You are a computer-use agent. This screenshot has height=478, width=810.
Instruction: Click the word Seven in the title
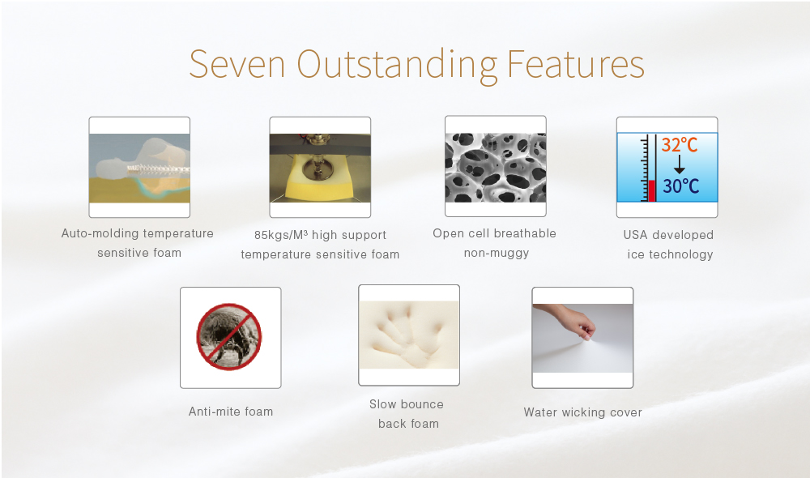pos(237,64)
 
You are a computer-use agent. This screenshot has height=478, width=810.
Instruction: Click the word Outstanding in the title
pos(397,65)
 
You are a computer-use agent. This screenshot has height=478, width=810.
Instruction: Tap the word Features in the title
pos(575,64)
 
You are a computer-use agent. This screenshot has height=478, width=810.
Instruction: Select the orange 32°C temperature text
pos(680,145)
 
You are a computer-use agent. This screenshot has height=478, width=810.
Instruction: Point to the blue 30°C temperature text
pos(681,186)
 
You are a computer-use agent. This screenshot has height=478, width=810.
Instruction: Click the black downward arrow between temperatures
pos(680,164)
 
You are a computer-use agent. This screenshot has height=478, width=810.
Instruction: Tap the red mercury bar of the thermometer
pos(651,190)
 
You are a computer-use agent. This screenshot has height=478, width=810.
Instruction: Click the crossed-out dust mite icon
pos(229,337)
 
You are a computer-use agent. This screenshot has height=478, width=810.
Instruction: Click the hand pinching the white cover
pos(569,320)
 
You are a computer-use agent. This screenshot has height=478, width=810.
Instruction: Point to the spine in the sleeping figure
pos(158,169)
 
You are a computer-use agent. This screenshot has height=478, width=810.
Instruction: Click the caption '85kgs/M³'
pos(280,235)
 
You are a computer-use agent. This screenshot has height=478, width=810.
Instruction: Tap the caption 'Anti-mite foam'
pos(230,412)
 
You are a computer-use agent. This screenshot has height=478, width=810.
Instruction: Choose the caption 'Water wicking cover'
pos(582,412)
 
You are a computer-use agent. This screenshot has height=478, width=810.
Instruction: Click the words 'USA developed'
pos(668,235)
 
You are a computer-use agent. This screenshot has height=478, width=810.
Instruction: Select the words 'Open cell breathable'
pos(494,233)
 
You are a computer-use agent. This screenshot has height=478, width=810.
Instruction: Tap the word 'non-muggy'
pos(496,254)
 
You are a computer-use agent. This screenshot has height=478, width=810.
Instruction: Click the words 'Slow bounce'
pos(407,404)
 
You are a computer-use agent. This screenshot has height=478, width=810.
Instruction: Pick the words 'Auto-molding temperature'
pos(138,233)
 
